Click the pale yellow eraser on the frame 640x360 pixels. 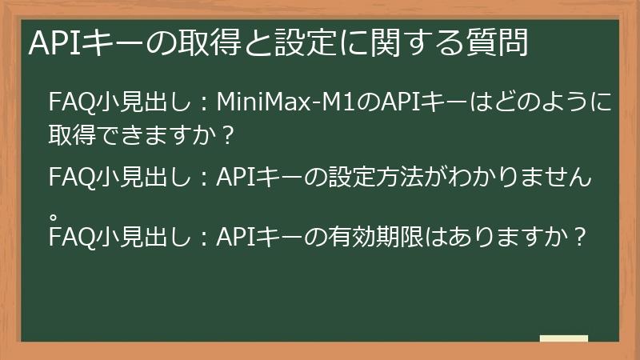point(563,339)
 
